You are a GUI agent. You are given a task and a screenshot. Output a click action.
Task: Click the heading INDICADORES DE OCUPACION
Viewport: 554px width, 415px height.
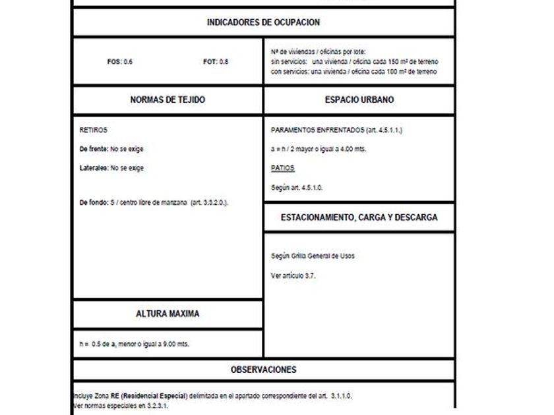(263, 22)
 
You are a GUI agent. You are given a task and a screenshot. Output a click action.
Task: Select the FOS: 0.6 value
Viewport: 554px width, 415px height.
(120, 62)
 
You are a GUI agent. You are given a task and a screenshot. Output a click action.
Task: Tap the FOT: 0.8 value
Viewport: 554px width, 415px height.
(216, 62)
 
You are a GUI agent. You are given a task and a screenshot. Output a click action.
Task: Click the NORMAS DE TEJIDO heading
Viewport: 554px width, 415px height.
(168, 100)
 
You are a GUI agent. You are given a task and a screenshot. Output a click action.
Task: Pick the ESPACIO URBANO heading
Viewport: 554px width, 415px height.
(359, 100)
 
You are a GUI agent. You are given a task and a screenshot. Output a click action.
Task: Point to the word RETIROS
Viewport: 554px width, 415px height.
(93, 130)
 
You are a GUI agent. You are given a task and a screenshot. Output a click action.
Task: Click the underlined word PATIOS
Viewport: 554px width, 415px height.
(282, 169)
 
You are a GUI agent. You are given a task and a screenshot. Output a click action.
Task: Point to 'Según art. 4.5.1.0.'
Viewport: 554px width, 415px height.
(297, 188)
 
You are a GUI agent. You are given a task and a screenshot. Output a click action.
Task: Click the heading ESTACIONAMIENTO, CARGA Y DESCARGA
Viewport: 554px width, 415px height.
(359, 217)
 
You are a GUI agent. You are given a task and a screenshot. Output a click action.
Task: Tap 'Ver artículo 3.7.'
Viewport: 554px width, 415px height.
(293, 275)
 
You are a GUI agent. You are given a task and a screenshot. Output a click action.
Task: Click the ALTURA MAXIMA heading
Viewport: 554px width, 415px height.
(168, 314)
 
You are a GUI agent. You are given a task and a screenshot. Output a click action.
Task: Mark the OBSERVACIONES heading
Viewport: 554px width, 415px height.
(263, 370)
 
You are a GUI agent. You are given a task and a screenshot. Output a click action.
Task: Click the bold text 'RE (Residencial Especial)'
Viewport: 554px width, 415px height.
(149, 396)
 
